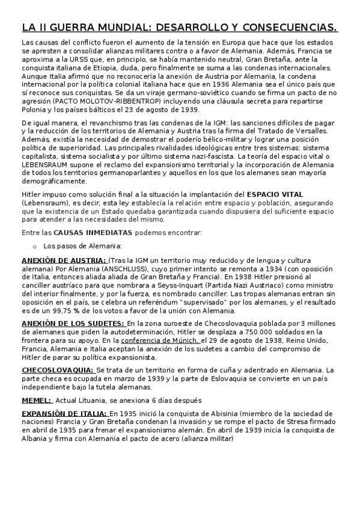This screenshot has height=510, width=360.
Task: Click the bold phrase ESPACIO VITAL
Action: [x=276, y=194]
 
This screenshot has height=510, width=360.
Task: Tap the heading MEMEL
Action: [x=36, y=400]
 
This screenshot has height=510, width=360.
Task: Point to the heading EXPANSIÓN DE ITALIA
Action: [x=64, y=414]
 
